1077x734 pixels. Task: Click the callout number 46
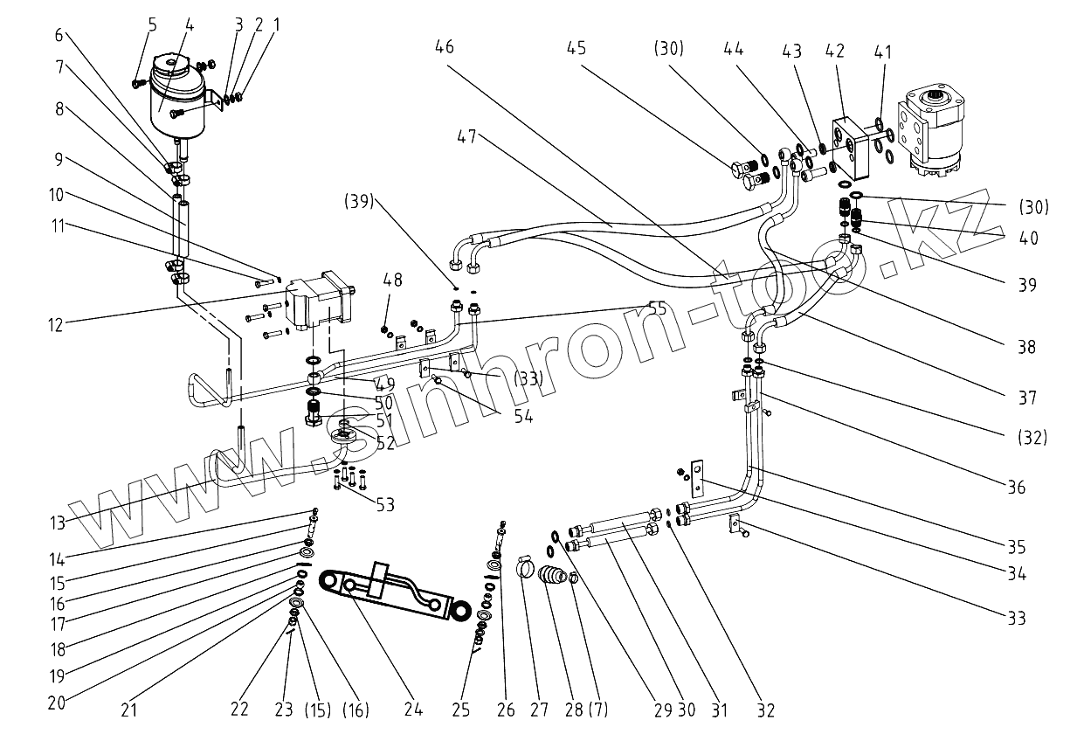click(x=444, y=47)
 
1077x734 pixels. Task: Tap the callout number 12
click(x=56, y=324)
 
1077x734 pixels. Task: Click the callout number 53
click(x=384, y=504)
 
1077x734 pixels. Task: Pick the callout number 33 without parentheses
click(x=1015, y=620)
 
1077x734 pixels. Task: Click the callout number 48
click(x=392, y=280)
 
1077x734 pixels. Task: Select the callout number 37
click(x=1026, y=398)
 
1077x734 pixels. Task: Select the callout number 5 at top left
click(x=152, y=24)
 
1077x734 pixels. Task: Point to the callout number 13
click(x=57, y=523)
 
